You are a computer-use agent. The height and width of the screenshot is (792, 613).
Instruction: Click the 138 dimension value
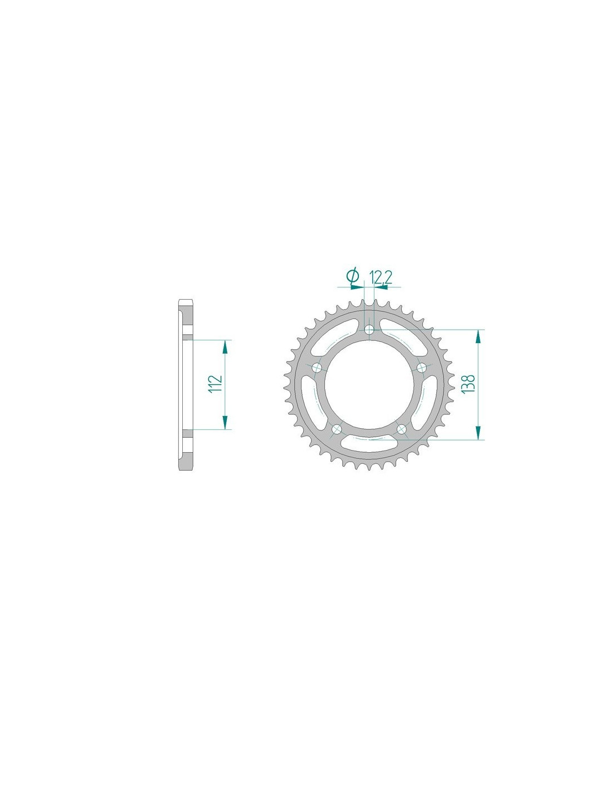(468, 383)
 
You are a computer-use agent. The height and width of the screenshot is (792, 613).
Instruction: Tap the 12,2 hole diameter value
(381, 278)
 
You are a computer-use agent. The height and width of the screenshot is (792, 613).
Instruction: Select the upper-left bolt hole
(318, 368)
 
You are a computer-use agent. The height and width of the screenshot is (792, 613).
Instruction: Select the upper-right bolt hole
(421, 367)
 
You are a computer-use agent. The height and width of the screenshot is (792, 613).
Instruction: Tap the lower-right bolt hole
(401, 428)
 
